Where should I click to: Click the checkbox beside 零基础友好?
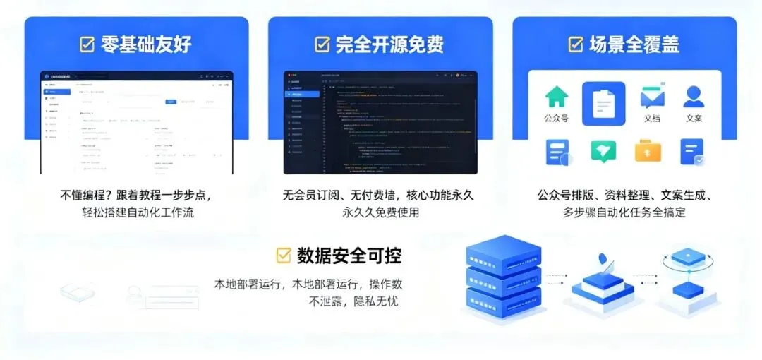(x=87, y=44)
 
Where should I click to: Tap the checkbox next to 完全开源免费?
(x=322, y=44)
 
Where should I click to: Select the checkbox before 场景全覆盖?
(x=576, y=44)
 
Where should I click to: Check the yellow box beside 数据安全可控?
(x=284, y=255)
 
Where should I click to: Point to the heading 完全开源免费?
(x=389, y=44)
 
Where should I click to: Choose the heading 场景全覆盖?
(x=634, y=44)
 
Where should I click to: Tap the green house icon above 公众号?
(x=557, y=97)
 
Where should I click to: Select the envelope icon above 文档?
(x=652, y=97)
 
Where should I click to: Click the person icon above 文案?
(x=694, y=97)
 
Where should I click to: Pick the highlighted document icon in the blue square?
(x=603, y=104)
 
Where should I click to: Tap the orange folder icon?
(x=648, y=150)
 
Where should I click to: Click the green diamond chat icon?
(x=603, y=150)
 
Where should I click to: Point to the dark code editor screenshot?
(x=380, y=122)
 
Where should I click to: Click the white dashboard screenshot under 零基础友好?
(x=136, y=122)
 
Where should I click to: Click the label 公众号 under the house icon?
(x=557, y=119)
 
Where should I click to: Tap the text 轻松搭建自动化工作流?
(x=135, y=212)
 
